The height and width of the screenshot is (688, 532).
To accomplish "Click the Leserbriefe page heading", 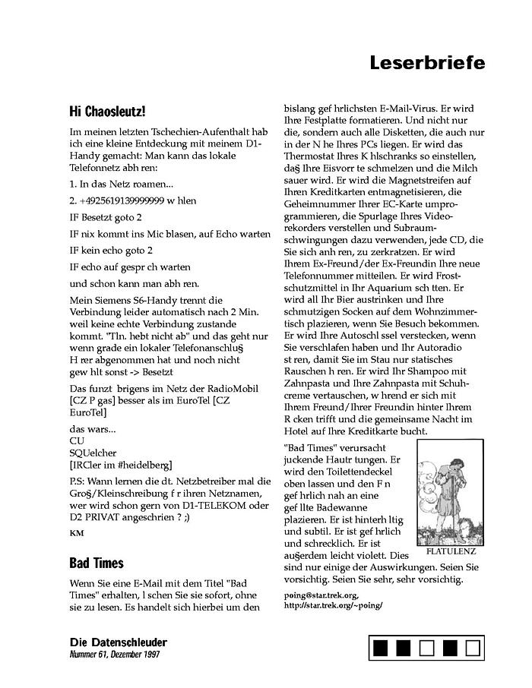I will pos(427,63).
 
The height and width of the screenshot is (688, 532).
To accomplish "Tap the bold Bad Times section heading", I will pos(96,563).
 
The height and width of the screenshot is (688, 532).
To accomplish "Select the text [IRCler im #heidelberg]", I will pos(120,464).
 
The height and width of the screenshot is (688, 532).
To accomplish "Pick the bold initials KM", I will pos(76,533).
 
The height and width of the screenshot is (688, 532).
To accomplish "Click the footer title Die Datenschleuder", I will pos(114,642).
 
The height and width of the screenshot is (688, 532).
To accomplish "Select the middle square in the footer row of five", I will pos(427,648).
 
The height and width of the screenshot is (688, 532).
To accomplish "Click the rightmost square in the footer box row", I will pos(473,648).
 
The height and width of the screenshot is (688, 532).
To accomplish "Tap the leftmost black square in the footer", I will pos(382,648).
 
